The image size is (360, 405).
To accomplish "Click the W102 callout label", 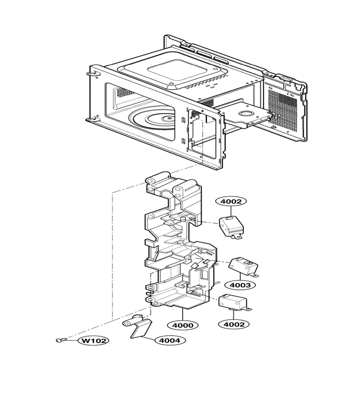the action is coord(94,341).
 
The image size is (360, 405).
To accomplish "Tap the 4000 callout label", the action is coord(183,325).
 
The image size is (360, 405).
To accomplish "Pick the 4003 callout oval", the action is coord(240,285).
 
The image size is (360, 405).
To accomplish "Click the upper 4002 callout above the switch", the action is coord(232,202).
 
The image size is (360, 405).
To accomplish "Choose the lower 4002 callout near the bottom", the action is coord(234,324).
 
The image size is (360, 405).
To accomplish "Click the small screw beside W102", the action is coord(62,340).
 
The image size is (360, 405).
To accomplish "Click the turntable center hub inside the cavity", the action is coord(168,118).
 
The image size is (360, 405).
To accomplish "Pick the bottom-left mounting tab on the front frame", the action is coord(90,119).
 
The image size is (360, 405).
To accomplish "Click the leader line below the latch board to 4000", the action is coord(183,315).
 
